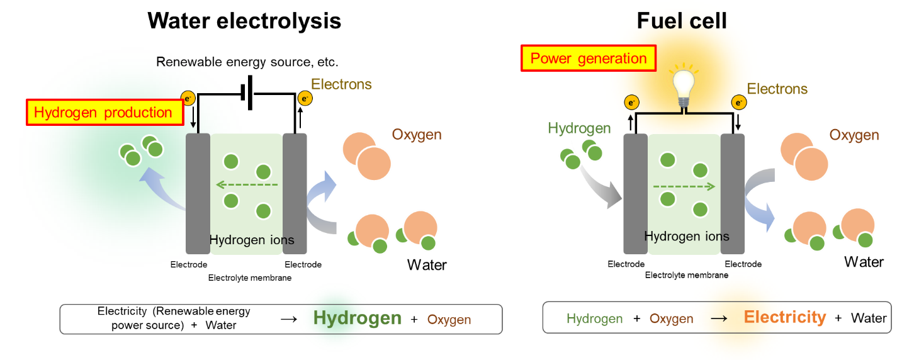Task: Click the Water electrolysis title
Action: coord(244,21)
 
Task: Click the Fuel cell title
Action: coord(682,21)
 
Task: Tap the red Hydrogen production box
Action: coord(103,113)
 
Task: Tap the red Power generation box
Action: coord(589,59)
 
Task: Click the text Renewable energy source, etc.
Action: coord(247,62)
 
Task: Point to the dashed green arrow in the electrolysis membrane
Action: coord(246,185)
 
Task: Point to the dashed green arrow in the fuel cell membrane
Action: coord(684,186)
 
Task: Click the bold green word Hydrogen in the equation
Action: coord(358,318)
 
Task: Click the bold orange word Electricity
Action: coord(784,317)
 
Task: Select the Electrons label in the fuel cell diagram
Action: coord(777,89)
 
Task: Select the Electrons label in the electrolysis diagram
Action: coord(341,84)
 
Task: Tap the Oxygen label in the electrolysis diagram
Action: coord(417,135)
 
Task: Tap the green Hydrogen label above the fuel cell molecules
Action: coord(579,129)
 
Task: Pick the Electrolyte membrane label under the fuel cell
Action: coord(687,275)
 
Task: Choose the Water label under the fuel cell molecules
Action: coord(864,262)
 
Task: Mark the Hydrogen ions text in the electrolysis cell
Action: coord(252,240)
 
